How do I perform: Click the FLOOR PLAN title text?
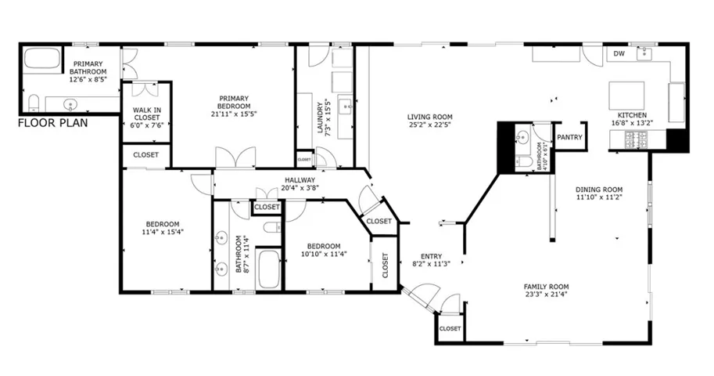click(x=52, y=123)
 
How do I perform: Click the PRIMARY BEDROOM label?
click(x=234, y=102)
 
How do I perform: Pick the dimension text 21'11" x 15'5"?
click(x=234, y=114)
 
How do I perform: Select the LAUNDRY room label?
click(x=320, y=117)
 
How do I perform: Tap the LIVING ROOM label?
click(x=429, y=117)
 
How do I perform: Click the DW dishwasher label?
click(x=618, y=54)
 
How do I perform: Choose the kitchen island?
click(x=626, y=96)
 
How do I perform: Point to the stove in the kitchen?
click(x=636, y=139)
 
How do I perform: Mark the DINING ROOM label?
click(x=598, y=190)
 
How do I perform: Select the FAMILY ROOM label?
click(x=546, y=287)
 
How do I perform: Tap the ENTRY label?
click(x=431, y=256)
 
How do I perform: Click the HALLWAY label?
click(x=300, y=179)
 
